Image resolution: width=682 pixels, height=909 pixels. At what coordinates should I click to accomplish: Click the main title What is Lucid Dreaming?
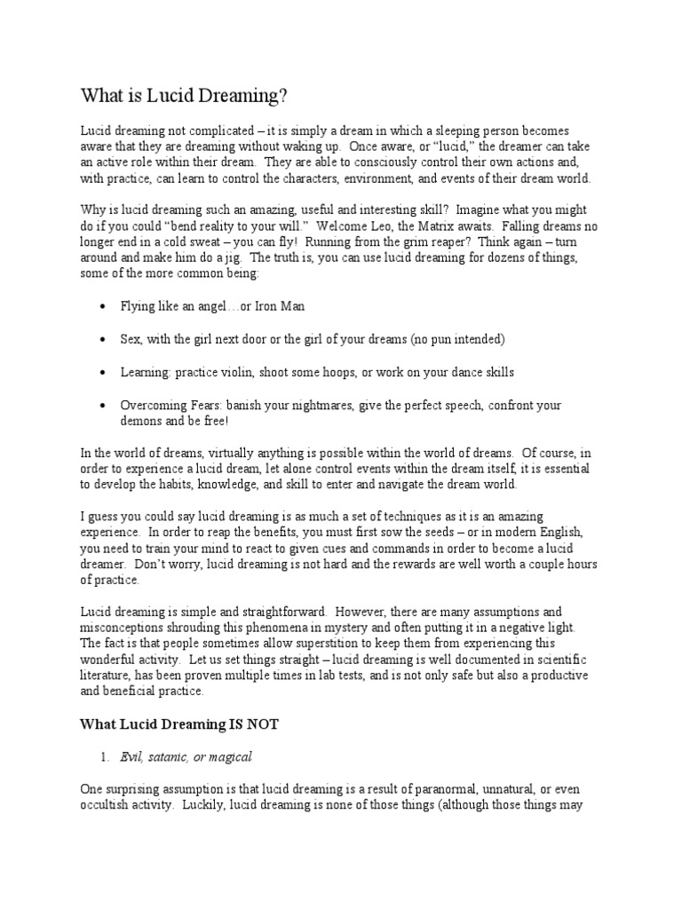[x=185, y=95]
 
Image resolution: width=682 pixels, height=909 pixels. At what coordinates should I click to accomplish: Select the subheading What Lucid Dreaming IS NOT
[x=179, y=724]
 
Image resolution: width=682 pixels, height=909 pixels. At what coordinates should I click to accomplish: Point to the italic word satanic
[x=179, y=756]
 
